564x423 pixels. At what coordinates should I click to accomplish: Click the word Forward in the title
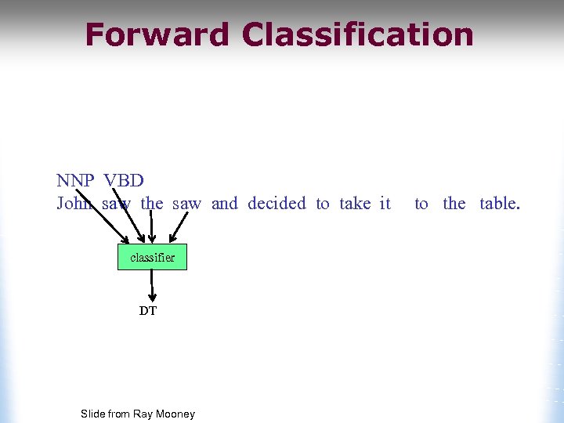coord(157,35)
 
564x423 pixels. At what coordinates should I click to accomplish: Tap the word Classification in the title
coord(358,35)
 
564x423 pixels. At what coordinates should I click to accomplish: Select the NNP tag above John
coord(75,181)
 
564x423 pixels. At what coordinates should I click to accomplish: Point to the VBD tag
coord(124,181)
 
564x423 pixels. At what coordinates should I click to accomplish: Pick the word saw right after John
coord(116,204)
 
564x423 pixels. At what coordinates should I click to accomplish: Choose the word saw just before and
coord(186,204)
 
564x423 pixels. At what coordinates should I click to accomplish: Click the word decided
coord(277,204)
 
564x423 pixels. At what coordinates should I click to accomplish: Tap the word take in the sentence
coord(355,204)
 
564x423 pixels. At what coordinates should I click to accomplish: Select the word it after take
coord(385,204)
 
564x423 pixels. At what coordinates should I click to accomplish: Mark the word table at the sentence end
coord(499,204)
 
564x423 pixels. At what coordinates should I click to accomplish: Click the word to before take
coord(323,204)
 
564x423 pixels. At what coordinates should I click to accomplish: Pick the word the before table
coord(454,204)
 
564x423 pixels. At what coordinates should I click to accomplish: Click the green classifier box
coord(152,257)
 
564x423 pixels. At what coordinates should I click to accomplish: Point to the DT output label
coord(148,311)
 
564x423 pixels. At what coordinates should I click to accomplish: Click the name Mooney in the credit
coord(175,414)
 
